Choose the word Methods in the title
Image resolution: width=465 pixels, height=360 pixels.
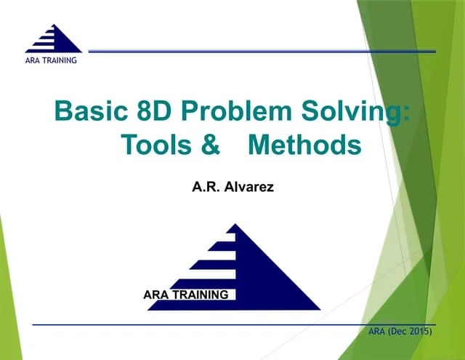304,145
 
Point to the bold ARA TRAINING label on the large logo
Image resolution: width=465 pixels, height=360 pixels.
186,295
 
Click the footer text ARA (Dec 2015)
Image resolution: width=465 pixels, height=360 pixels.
400,332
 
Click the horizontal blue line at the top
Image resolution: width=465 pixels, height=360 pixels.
262,51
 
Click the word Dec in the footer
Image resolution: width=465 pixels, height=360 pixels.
398,332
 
